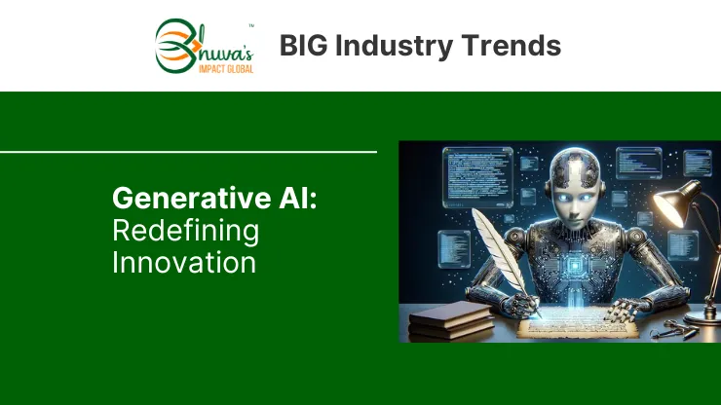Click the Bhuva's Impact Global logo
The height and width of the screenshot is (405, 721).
[205, 46]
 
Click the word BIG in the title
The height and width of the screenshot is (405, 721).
[304, 46]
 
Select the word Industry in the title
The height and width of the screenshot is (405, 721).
[394, 47]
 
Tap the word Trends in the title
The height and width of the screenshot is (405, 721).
[511, 46]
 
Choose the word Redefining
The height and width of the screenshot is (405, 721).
[186, 232]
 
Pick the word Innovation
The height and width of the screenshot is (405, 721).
[184, 263]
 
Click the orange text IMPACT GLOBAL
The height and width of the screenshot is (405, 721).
[226, 69]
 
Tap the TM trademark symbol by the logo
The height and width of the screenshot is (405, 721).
[251, 25]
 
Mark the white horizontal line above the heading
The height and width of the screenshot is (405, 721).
[188, 152]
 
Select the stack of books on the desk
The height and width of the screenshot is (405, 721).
[451, 320]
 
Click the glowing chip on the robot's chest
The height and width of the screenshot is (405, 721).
[574, 265]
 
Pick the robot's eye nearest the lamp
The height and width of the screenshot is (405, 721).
[586, 198]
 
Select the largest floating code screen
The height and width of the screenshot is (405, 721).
[477, 177]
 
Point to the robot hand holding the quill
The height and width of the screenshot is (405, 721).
[521, 305]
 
